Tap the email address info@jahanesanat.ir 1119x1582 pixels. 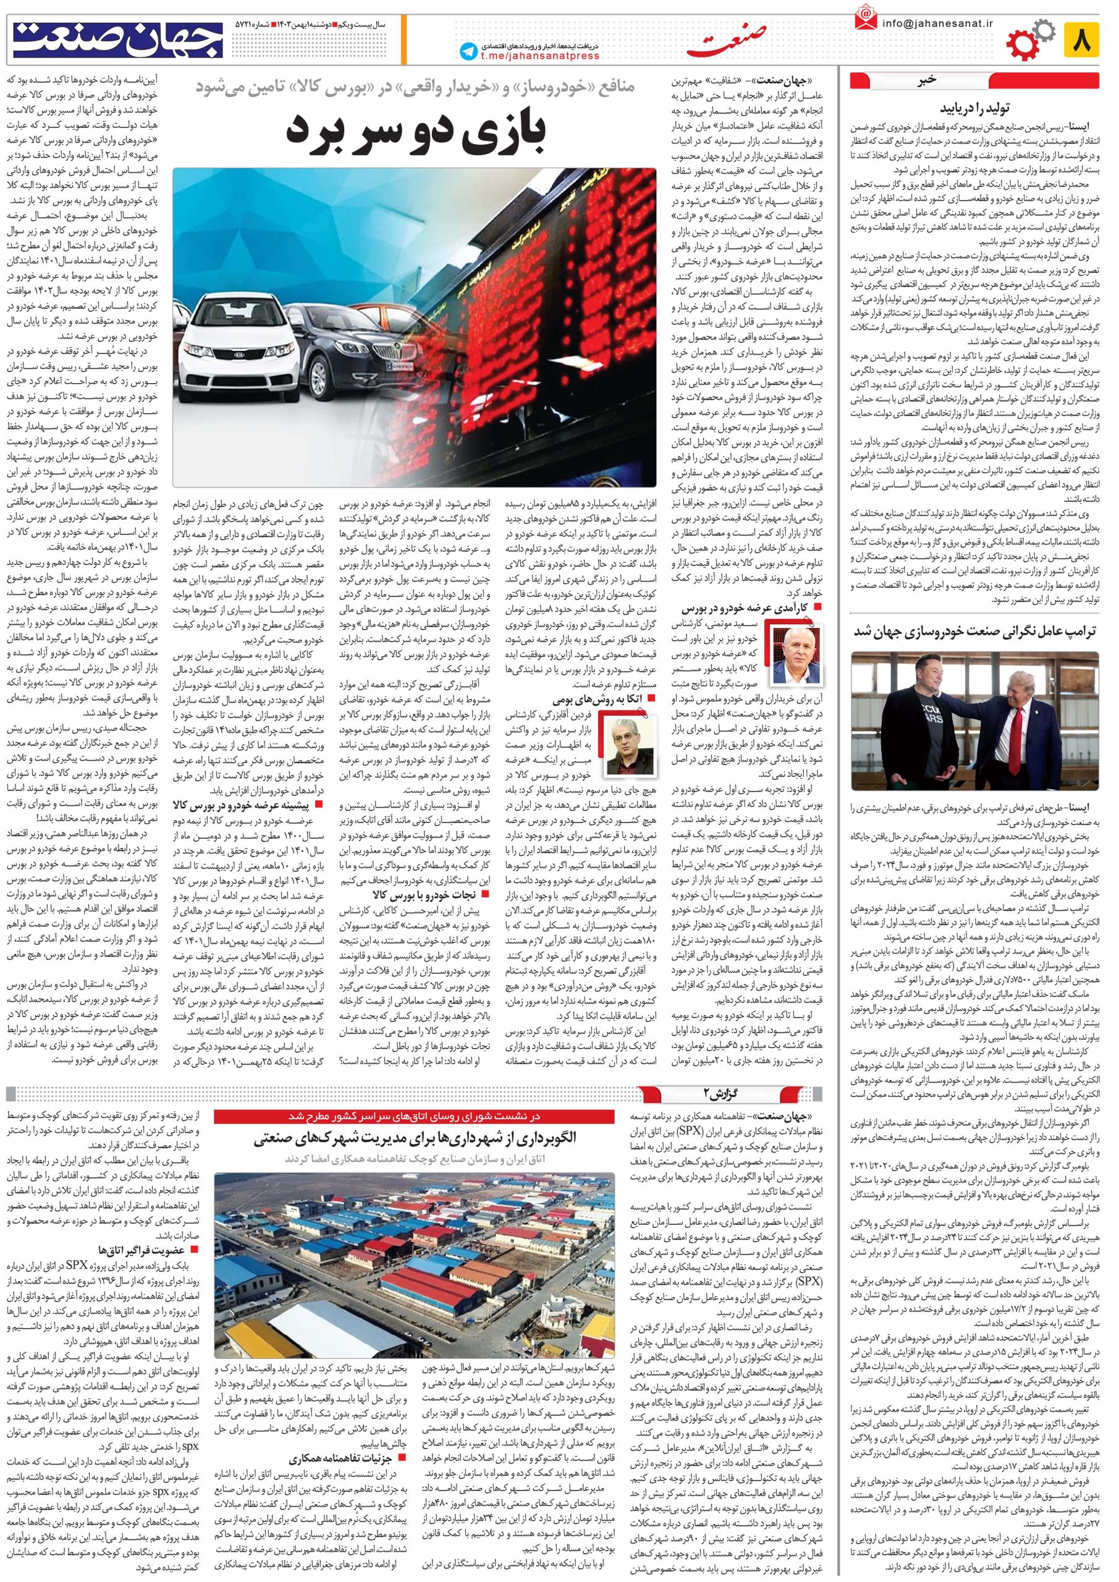point(938,23)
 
